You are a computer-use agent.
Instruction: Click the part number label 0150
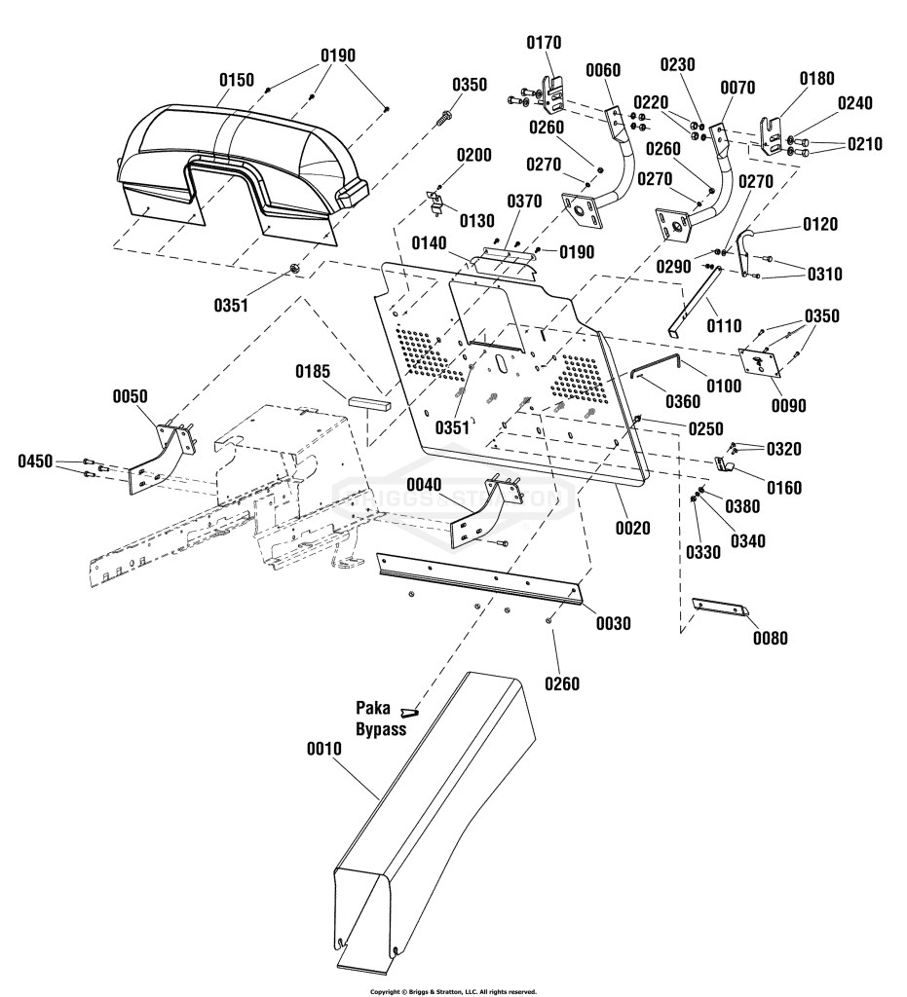237,80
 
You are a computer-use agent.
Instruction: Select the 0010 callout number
324,749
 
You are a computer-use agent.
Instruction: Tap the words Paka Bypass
381,719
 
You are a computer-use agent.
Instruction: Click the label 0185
313,371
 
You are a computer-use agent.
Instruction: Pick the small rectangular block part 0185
369,402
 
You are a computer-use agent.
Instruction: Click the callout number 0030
614,624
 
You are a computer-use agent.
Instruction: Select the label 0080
771,638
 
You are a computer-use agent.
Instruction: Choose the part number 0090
789,405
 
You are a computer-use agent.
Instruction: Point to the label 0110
725,325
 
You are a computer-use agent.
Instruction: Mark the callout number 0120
820,224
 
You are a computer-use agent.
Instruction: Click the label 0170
544,43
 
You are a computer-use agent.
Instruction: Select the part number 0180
816,79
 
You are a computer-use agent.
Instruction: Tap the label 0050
130,397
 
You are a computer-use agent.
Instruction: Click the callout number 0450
35,461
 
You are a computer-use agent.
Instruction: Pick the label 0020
633,528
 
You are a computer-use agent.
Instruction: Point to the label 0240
854,103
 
